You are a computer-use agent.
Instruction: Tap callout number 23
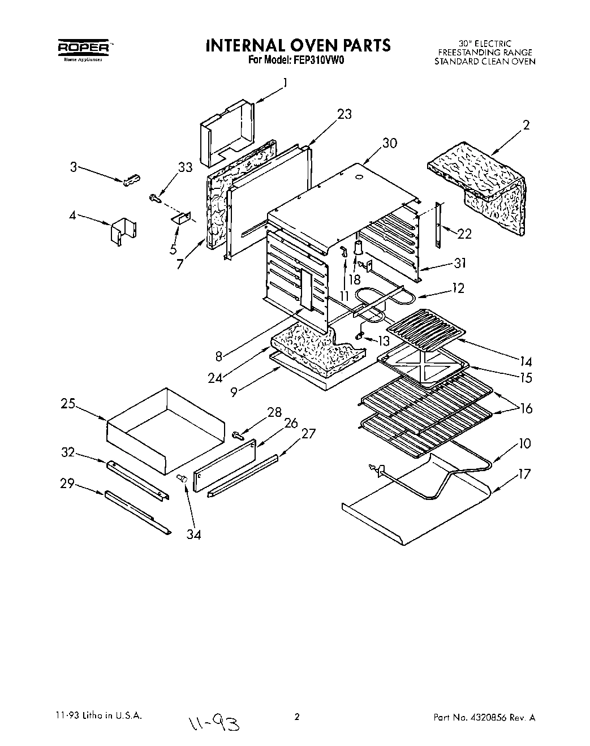(x=344, y=114)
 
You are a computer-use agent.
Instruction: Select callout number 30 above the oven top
(x=390, y=143)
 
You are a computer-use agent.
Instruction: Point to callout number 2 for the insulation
(x=526, y=126)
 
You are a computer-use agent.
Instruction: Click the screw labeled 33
(x=154, y=197)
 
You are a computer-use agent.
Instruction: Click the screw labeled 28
(x=238, y=435)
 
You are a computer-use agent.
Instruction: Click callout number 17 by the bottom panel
(x=524, y=473)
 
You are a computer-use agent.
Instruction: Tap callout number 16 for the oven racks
(x=526, y=408)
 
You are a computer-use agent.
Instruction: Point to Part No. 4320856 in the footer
(x=484, y=718)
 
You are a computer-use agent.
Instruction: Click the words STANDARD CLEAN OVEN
(x=484, y=62)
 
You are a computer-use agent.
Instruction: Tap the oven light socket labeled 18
(x=358, y=249)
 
